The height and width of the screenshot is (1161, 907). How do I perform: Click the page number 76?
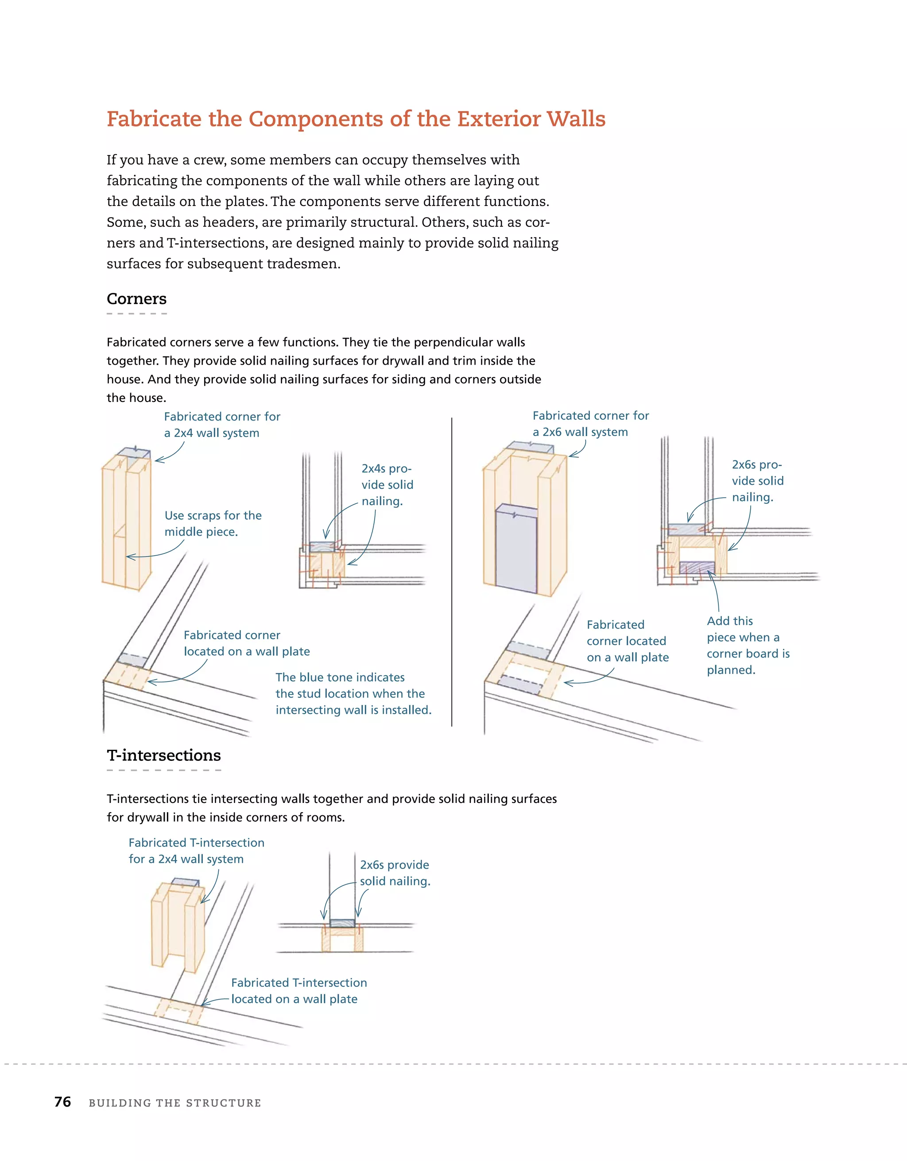pyautogui.click(x=63, y=1102)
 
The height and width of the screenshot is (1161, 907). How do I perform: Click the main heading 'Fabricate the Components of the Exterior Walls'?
pyautogui.click(x=356, y=119)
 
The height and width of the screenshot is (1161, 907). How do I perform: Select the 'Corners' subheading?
pyautogui.click(x=136, y=299)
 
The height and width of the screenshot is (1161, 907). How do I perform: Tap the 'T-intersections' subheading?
pyautogui.click(x=164, y=756)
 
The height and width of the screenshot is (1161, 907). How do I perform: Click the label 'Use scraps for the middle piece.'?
pyautogui.click(x=213, y=524)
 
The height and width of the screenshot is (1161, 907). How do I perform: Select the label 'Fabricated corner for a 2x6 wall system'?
pyautogui.click(x=590, y=424)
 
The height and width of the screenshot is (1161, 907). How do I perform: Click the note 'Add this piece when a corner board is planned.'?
pyautogui.click(x=748, y=645)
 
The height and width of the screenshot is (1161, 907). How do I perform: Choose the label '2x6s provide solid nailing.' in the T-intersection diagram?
pyautogui.click(x=395, y=873)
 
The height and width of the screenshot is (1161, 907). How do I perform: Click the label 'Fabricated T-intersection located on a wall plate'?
pyautogui.click(x=298, y=991)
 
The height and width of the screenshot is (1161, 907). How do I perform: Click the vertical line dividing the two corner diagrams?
pyautogui.click(x=452, y=572)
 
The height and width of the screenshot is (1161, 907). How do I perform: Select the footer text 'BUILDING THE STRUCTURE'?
pyautogui.click(x=175, y=1103)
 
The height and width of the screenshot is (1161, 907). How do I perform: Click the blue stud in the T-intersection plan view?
pyautogui.click(x=342, y=923)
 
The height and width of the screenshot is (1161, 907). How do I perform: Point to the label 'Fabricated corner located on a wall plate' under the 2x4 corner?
pyautogui.click(x=247, y=643)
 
